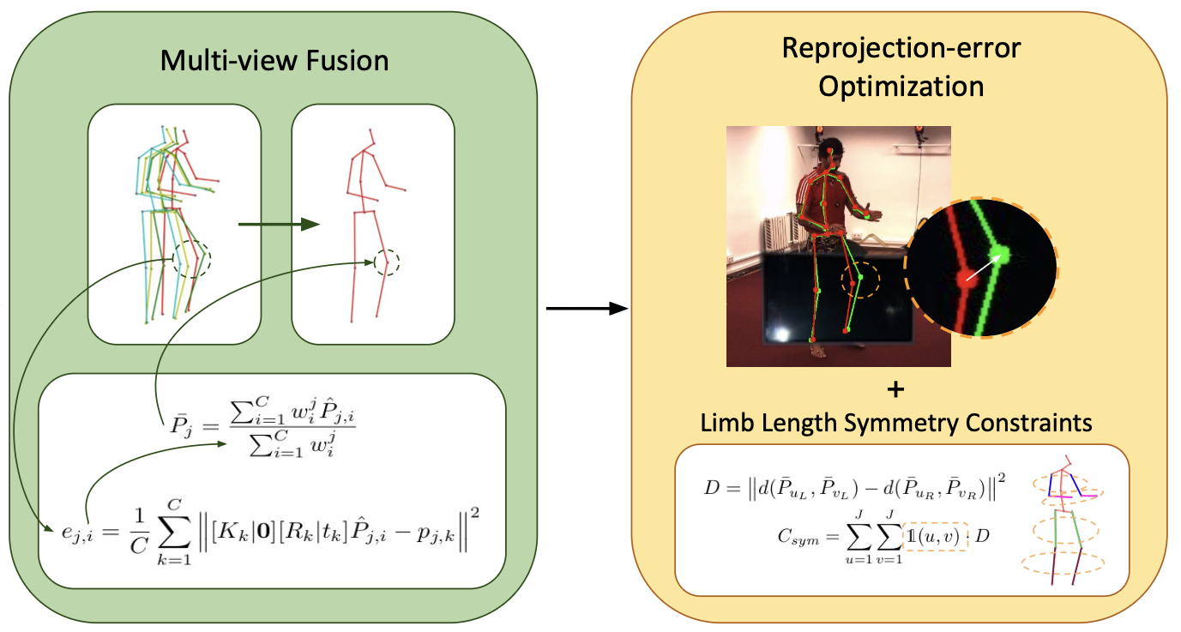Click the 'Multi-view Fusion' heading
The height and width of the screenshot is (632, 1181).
coord(274,62)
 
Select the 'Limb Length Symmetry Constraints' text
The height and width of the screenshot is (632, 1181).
coord(895,423)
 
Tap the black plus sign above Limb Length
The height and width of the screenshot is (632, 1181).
coord(895,390)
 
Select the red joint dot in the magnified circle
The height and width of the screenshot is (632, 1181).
coord(963,280)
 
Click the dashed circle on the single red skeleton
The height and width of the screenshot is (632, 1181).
coord(387,261)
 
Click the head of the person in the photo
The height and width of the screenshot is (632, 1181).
coord(829,153)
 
